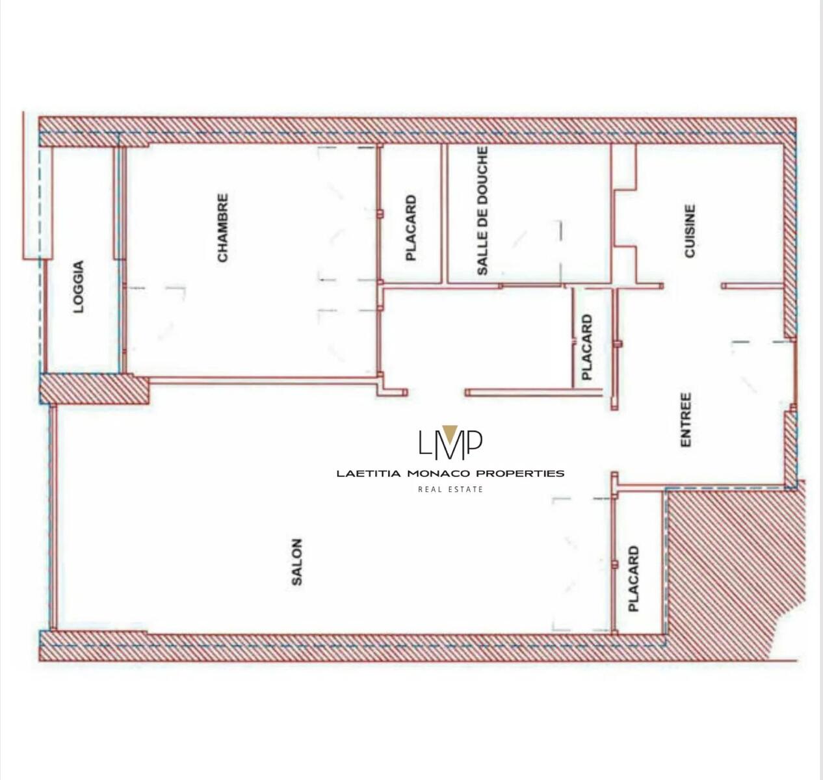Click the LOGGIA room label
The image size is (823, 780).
78,287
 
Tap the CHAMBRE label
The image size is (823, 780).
223,227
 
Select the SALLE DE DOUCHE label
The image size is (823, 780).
482,211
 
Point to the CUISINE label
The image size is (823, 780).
689,230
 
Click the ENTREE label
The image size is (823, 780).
686,419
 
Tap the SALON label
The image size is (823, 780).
296,562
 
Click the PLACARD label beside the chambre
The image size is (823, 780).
411,227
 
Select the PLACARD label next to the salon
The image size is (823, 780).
634,578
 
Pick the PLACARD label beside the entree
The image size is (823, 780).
587,347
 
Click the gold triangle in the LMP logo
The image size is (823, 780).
450,430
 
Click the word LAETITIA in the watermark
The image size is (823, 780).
369,474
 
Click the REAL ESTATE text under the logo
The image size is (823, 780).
451,489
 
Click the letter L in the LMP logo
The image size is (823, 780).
426,443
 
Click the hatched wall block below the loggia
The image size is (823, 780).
94,389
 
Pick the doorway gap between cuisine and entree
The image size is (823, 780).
693,286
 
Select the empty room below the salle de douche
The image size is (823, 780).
477,337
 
